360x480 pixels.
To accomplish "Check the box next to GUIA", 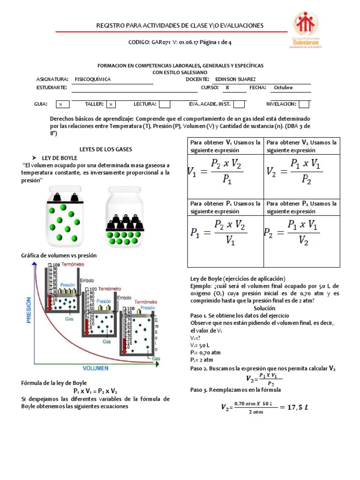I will pos(61,104).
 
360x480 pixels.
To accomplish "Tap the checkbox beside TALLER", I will pos(111,104).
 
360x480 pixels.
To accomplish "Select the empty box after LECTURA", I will pos(165,104).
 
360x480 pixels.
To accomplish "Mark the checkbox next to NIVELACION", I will pos(304,104).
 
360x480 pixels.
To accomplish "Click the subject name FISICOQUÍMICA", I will pos(93,80).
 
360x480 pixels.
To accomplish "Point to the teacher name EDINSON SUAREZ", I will pos(235,80).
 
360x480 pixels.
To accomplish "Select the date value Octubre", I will pos(283,88).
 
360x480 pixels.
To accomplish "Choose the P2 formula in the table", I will pos(292,233).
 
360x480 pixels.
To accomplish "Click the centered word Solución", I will pos(264,308).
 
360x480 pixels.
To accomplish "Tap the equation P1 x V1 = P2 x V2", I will pos(95,391).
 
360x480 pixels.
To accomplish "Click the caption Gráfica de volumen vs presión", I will pos(59,255).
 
